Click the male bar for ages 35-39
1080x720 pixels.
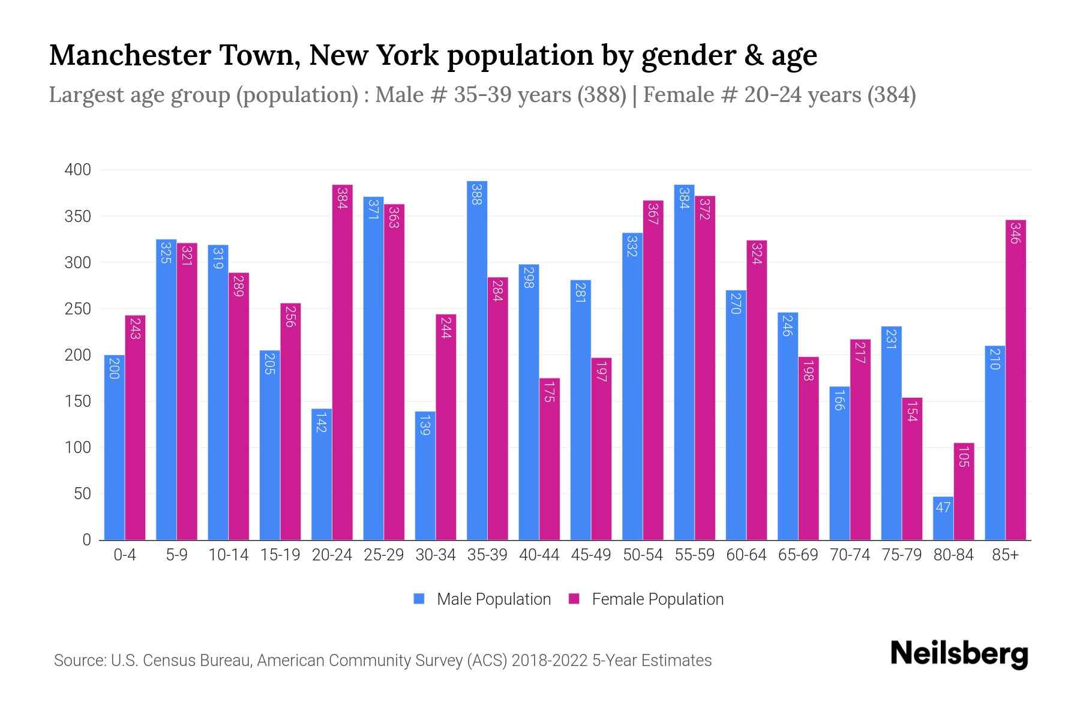click(477, 360)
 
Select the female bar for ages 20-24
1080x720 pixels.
click(342, 362)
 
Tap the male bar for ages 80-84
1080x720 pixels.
click(943, 518)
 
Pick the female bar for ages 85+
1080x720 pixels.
click(1016, 380)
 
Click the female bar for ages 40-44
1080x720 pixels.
click(550, 459)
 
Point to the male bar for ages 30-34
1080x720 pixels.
click(425, 476)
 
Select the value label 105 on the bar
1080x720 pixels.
click(964, 457)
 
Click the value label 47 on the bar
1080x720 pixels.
click(943, 508)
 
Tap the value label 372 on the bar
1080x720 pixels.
click(705, 209)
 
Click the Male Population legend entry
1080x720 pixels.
click(482, 599)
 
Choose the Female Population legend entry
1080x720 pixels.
click(646, 599)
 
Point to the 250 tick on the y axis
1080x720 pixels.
click(77, 309)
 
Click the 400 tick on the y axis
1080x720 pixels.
click(77, 170)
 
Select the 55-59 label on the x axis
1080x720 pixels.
click(694, 555)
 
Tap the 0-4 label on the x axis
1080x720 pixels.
click(125, 555)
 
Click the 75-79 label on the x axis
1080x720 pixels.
click(901, 555)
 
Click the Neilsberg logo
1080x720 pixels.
click(959, 654)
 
